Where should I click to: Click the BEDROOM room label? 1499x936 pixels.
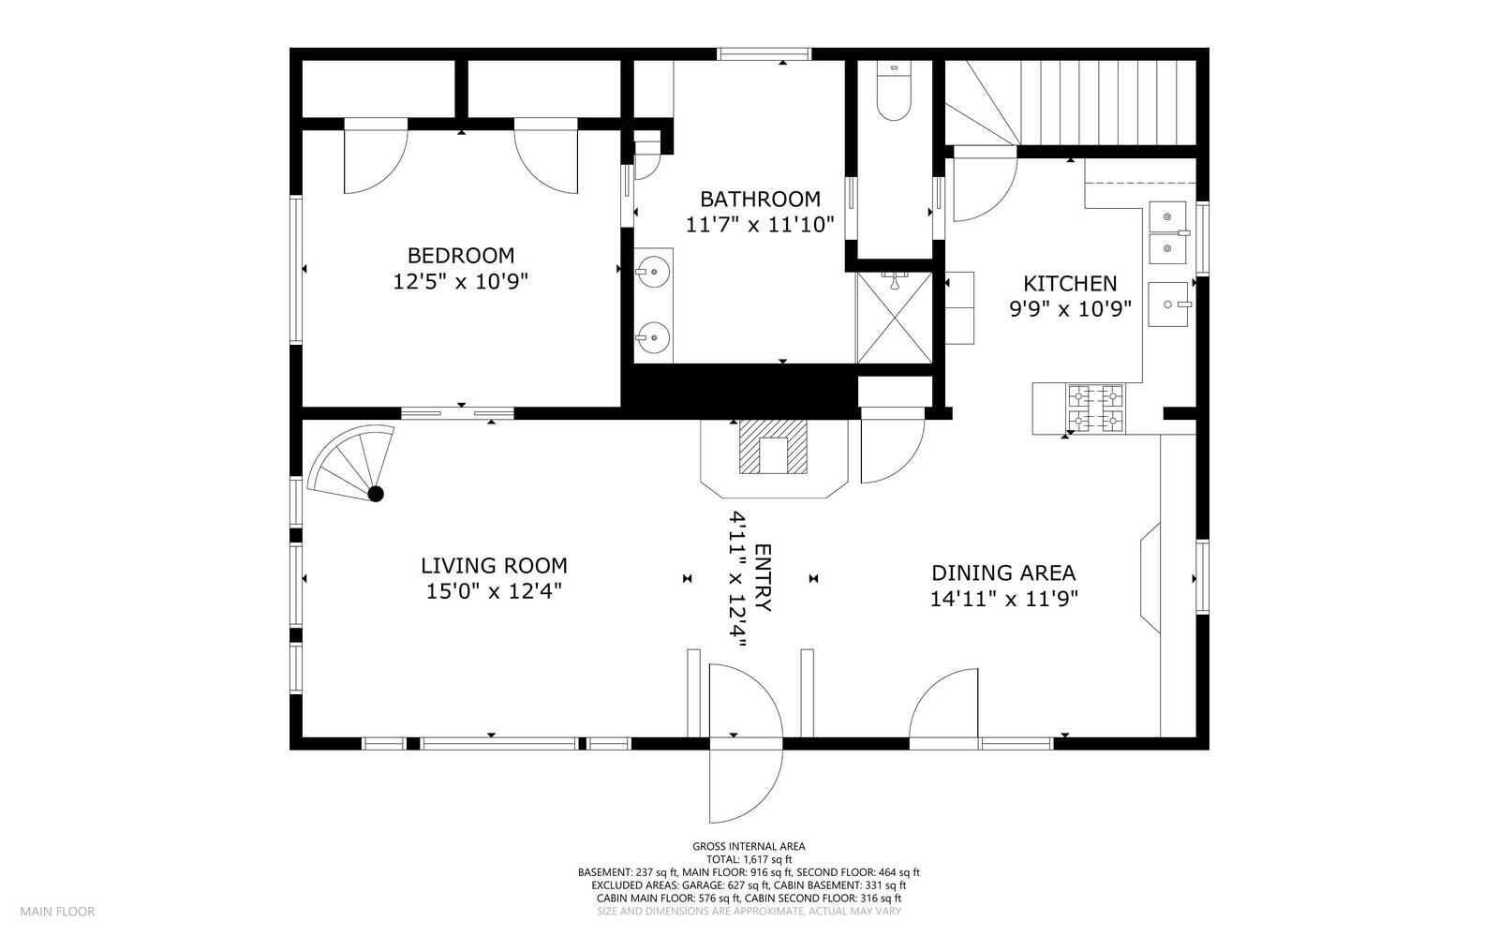coord(461,256)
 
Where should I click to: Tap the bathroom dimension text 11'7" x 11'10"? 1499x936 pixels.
coord(760,225)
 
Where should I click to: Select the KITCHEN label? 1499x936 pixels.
coord(1070,284)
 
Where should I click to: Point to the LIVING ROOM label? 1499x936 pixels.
coord(494,566)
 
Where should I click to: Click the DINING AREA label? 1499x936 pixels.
coord(1003,573)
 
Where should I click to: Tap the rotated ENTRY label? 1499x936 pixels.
coord(763,578)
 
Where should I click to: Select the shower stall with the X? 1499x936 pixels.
coord(894,318)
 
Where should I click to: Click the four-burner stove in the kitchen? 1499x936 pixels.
coord(1095,409)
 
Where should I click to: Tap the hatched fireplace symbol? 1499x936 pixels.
coord(773,447)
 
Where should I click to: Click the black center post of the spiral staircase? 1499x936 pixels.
coord(376,495)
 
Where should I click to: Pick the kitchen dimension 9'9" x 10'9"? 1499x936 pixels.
coord(1070,309)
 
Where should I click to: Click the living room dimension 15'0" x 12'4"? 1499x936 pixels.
coord(494,591)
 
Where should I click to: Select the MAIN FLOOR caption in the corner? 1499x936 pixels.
coord(57,912)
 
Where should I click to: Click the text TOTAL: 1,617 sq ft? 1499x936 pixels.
coord(749,860)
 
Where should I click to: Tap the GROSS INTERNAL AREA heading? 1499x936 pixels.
coord(749,846)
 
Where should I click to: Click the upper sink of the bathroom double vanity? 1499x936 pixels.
coord(652,272)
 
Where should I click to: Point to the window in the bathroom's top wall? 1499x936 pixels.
coord(764,54)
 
